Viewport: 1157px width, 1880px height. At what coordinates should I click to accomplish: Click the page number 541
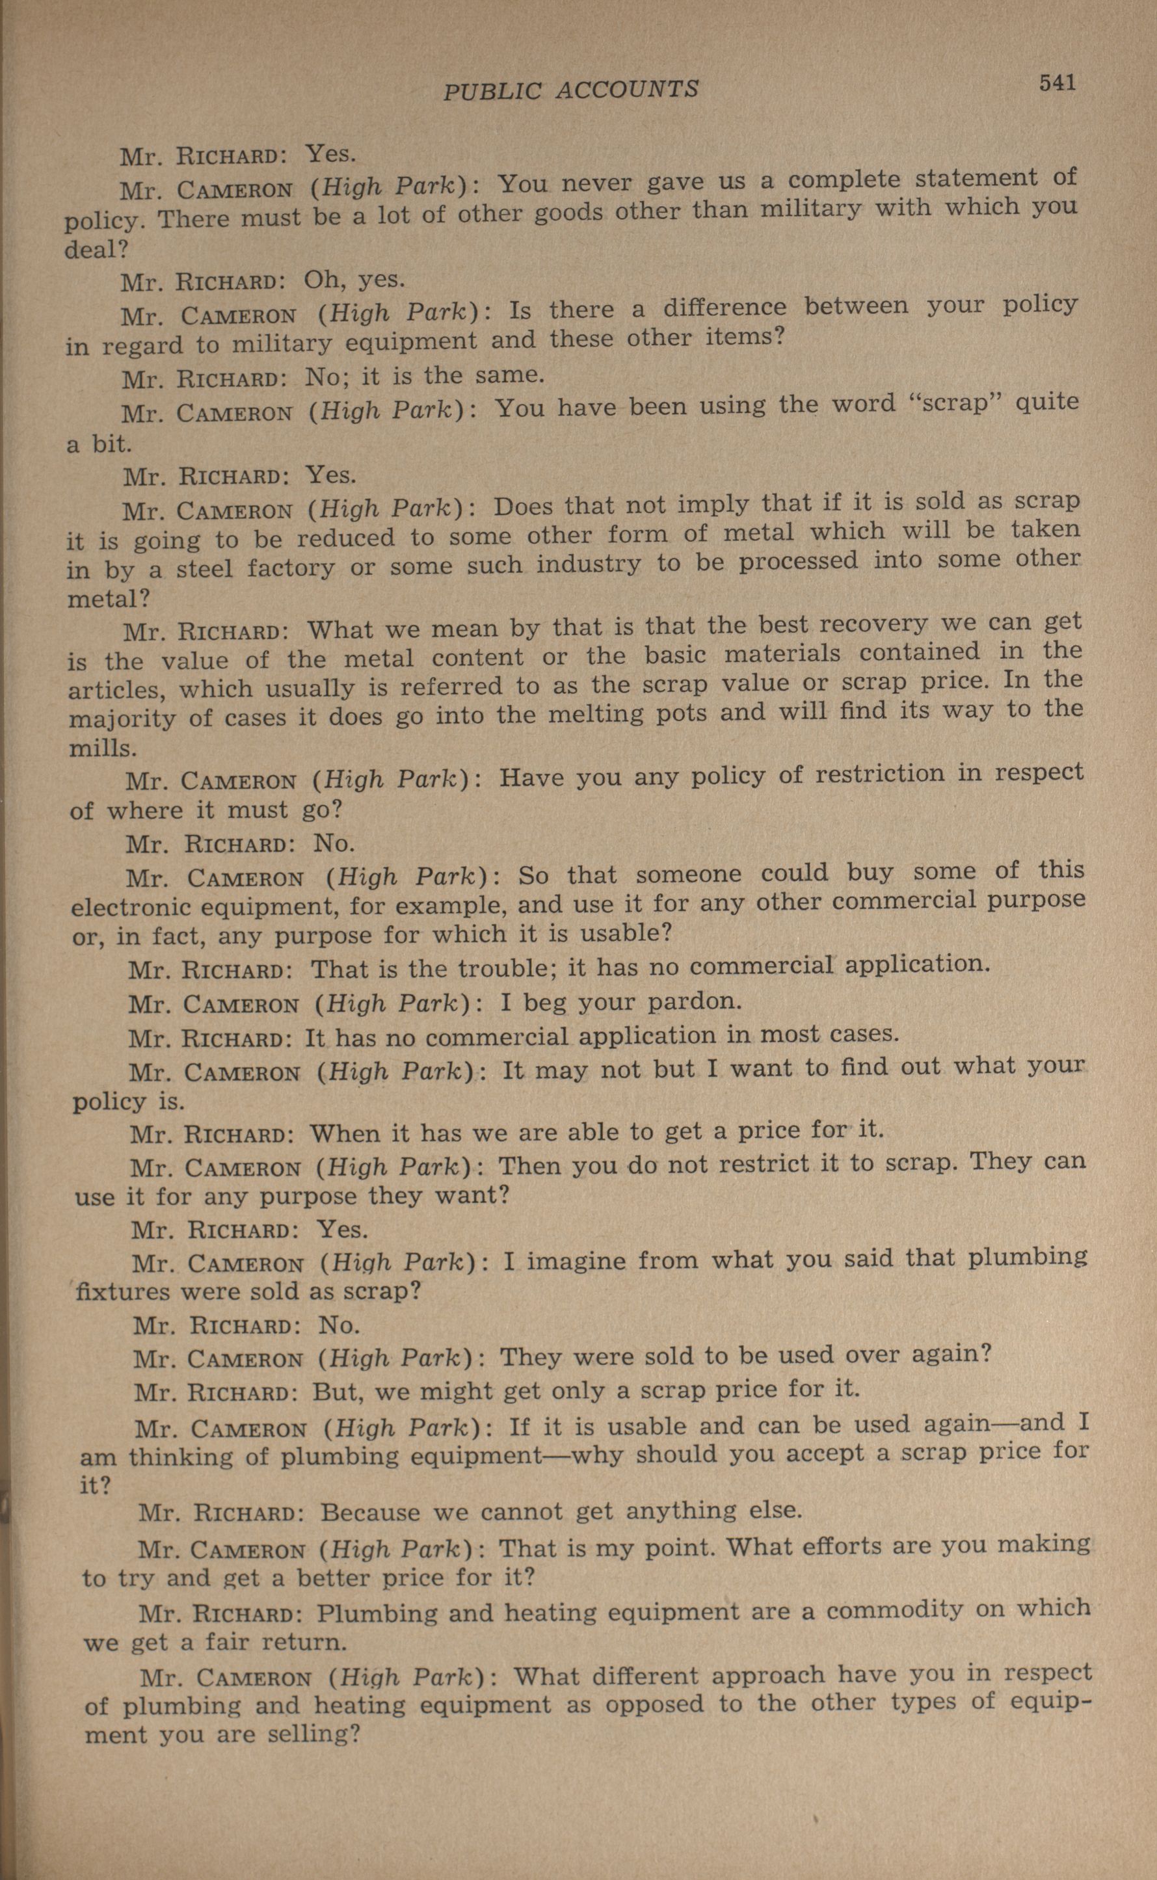pyautogui.click(x=1057, y=83)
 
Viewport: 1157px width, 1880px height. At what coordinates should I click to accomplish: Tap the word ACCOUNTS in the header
pyautogui.click(x=627, y=90)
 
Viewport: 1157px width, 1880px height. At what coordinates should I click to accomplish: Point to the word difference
pyautogui.click(x=724, y=308)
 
